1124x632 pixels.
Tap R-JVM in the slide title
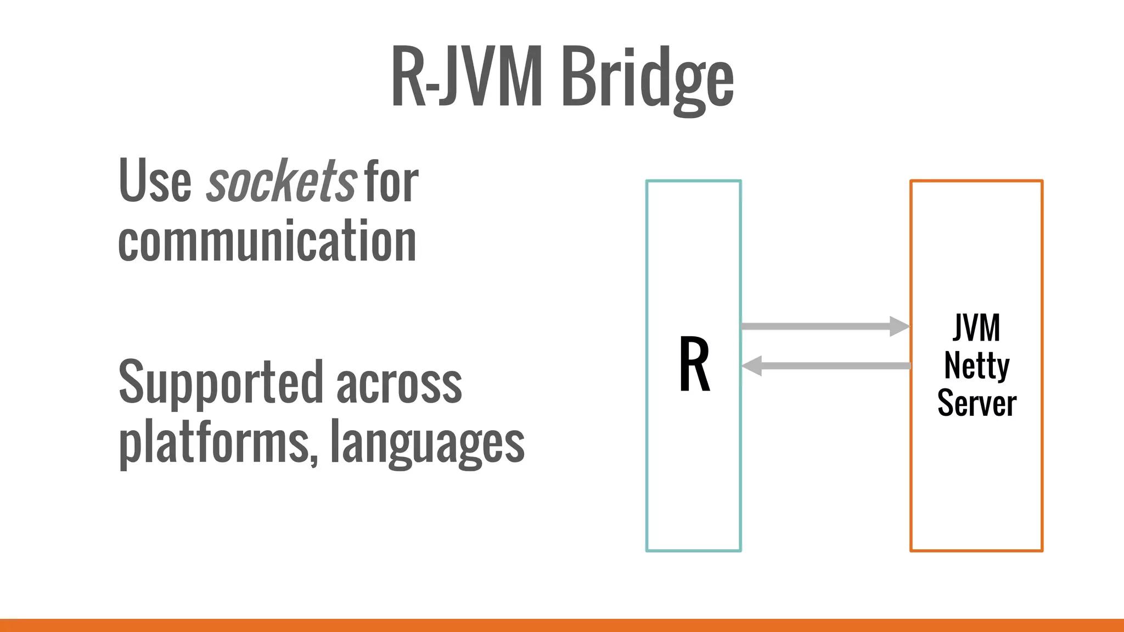pos(467,77)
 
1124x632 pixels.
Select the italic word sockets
pos(282,181)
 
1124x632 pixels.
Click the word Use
pos(155,181)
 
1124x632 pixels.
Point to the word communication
pos(267,241)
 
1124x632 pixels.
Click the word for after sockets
pos(391,181)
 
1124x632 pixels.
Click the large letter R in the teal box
pos(694,365)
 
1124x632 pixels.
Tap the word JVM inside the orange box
pos(976,328)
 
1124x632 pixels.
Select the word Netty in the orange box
pos(976,366)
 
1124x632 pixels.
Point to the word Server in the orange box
pos(976,403)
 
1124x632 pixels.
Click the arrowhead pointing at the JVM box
pos(899,326)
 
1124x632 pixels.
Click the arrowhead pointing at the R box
pos(752,365)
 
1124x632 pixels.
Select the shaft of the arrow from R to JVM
pos(815,326)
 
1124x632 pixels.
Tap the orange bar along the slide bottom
pos(562,625)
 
